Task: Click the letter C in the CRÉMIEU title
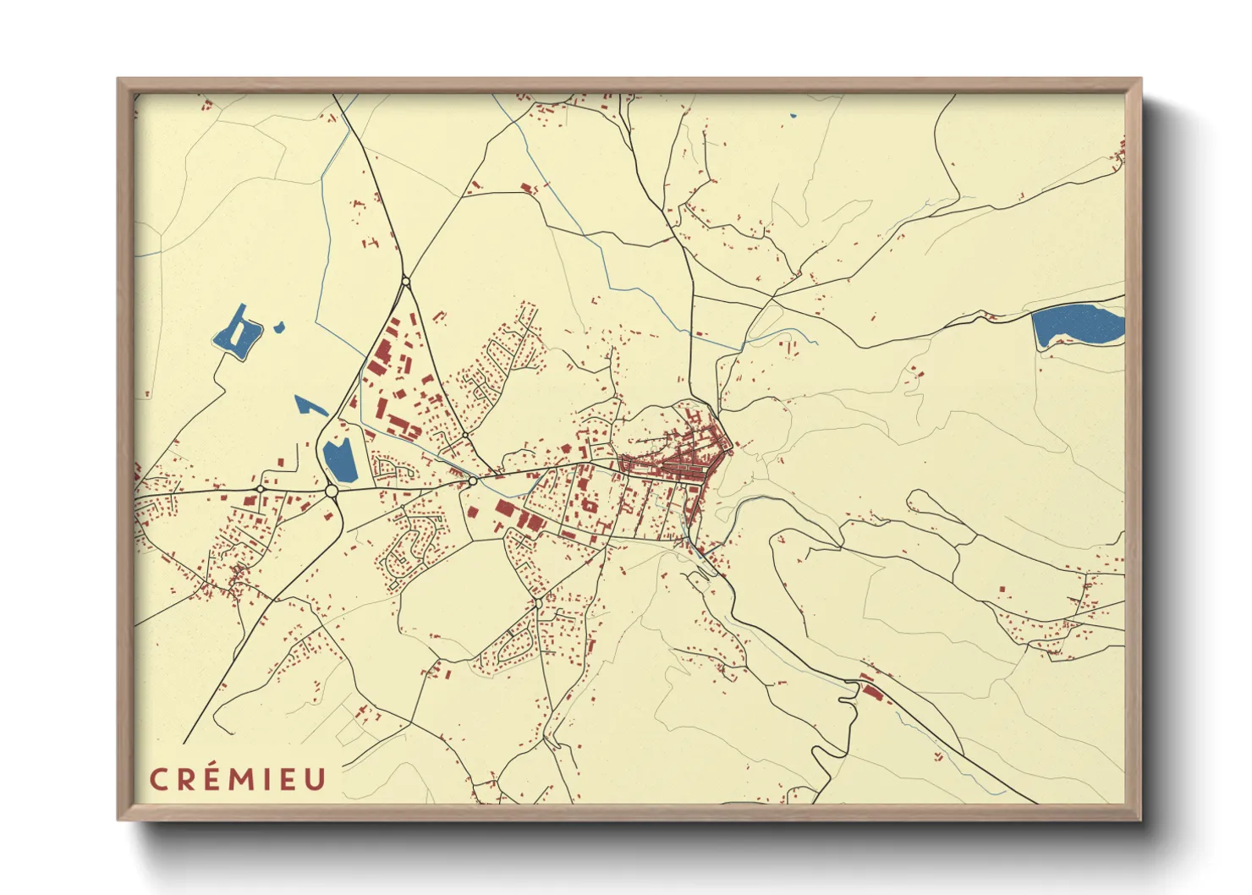(x=159, y=779)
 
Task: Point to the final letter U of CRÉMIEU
(x=315, y=779)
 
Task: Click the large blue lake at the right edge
(x=1077, y=326)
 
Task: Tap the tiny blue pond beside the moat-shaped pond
(x=279, y=327)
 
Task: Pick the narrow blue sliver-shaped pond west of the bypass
(x=310, y=405)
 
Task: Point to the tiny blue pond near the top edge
(x=793, y=115)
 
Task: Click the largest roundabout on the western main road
(x=332, y=491)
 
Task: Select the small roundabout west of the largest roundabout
(x=260, y=489)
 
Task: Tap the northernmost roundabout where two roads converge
(x=406, y=281)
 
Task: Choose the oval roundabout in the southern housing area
(x=537, y=603)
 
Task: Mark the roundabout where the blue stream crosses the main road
(x=473, y=480)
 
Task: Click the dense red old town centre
(x=685, y=461)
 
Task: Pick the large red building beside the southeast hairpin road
(x=871, y=692)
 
